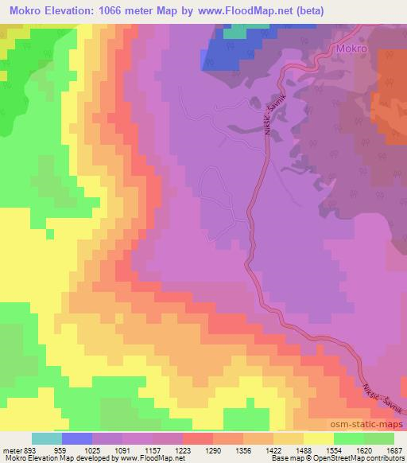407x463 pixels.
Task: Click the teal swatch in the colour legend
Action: [47, 438]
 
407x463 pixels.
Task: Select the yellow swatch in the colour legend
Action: [318, 438]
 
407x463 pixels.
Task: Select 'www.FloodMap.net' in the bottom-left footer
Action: [149, 458]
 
